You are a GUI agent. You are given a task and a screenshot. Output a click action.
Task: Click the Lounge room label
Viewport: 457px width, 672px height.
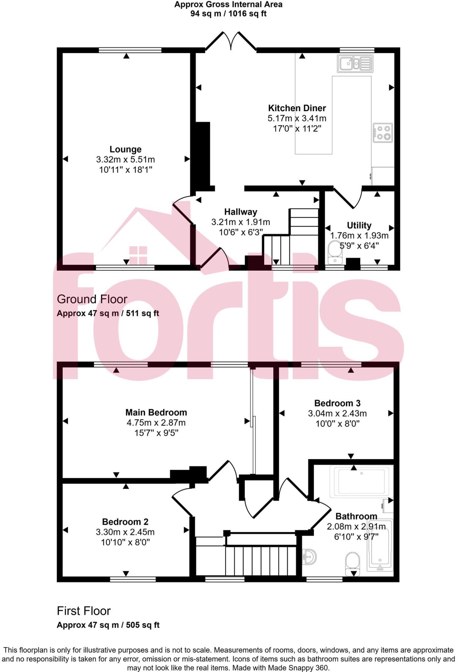tap(125, 149)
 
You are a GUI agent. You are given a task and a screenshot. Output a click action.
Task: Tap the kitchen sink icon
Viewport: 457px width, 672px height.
tap(355, 64)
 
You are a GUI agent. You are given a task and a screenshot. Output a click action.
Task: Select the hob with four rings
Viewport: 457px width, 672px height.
tap(383, 133)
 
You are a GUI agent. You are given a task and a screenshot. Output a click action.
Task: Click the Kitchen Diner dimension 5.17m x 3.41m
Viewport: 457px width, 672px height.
tap(297, 118)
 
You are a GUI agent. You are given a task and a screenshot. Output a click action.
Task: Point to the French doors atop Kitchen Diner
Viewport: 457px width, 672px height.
tap(231, 42)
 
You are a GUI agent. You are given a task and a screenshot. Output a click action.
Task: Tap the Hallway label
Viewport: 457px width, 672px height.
tap(240, 212)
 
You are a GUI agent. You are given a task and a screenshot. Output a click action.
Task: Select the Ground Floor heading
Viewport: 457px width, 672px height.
tap(92, 299)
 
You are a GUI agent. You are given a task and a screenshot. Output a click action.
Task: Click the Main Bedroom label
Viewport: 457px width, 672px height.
tap(156, 412)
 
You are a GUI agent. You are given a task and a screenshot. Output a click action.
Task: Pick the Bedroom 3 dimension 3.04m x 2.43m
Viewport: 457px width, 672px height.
tap(337, 413)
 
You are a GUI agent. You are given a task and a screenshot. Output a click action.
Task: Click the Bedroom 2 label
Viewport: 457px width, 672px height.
tap(125, 522)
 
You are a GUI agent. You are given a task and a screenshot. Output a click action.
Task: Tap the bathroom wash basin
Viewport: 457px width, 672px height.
tap(309, 557)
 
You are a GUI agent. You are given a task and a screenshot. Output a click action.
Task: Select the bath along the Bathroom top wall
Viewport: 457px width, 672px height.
tap(361, 481)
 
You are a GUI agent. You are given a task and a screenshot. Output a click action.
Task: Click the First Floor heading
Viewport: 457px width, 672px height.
tap(84, 611)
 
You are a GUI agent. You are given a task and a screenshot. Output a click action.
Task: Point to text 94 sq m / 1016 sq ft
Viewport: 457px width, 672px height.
tap(228, 14)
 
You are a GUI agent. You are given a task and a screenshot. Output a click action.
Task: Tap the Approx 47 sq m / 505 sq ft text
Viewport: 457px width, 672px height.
tap(108, 625)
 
